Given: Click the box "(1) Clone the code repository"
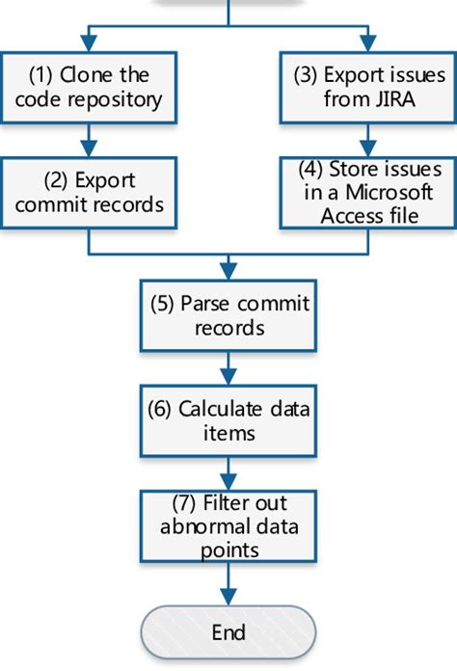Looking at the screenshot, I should point(90,86).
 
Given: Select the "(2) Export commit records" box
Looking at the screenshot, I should point(90,193).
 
